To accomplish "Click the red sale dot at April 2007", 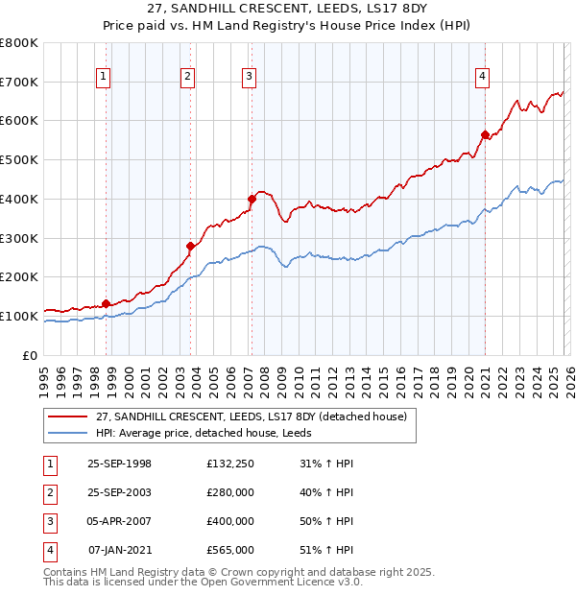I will pyautogui.click(x=252, y=200).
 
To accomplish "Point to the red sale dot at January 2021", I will pyautogui.click(x=486, y=134).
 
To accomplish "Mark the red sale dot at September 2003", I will pyautogui.click(x=191, y=246).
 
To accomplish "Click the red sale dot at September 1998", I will pyautogui.click(x=106, y=303).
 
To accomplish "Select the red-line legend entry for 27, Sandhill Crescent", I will pyautogui.click(x=252, y=416).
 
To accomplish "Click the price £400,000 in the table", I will pyautogui.click(x=229, y=521).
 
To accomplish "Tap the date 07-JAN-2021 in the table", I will pyautogui.click(x=119, y=550).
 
